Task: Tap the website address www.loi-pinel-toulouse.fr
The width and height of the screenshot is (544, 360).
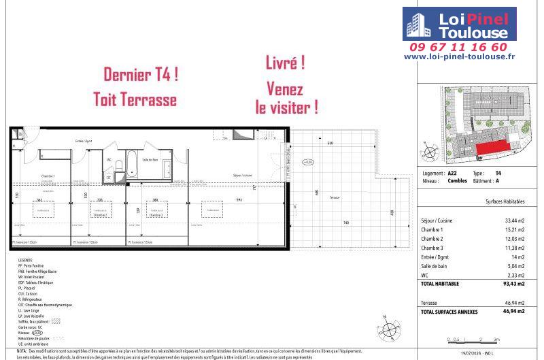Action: click(469, 57)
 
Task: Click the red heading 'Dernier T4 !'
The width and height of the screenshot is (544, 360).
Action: click(141, 75)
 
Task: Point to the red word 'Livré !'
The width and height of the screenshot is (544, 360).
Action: click(284, 63)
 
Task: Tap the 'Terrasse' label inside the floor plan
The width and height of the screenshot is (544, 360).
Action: click(334, 197)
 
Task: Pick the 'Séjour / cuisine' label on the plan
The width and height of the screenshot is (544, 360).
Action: click(242, 175)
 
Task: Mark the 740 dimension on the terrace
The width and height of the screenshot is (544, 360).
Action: click(346, 223)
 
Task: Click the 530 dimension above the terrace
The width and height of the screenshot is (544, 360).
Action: click(329, 144)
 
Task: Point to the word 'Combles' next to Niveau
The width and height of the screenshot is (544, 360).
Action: click(456, 182)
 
